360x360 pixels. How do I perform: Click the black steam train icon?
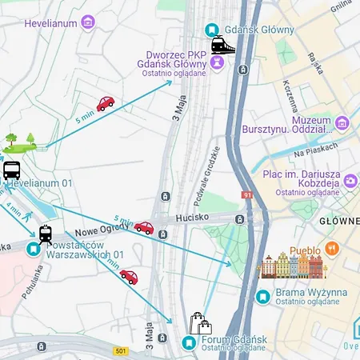223,46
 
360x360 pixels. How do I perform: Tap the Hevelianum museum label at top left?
50,23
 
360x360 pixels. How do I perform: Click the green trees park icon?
19,142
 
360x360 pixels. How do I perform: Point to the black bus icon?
12,170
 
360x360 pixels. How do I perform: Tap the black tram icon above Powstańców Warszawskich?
46,234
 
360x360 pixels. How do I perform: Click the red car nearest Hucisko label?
144,228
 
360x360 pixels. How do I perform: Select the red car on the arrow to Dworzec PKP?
106,103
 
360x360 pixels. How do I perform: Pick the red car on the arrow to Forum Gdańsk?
129,277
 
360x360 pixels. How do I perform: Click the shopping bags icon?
200,323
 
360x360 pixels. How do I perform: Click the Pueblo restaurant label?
305,250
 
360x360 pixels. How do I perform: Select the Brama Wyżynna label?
310,293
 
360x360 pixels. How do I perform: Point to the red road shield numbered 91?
246,194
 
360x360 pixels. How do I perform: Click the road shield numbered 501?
121,350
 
